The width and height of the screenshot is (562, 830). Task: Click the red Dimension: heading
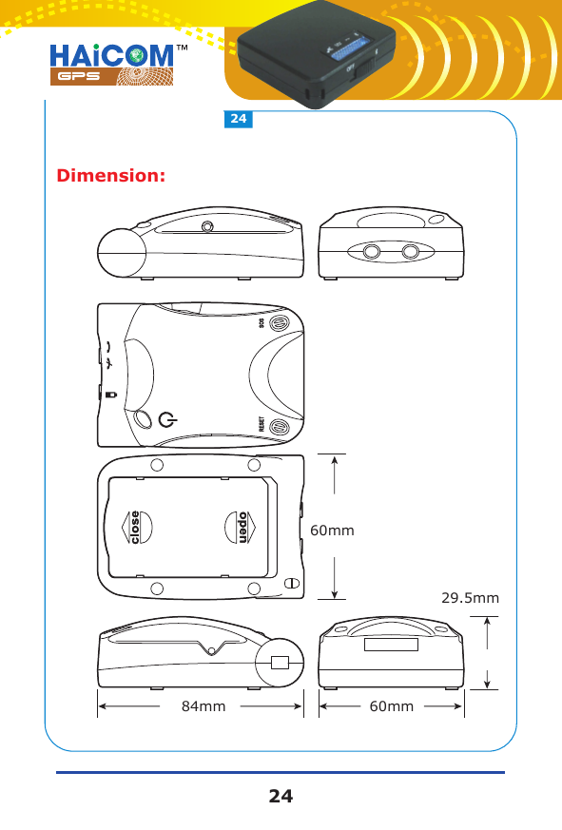tap(112, 177)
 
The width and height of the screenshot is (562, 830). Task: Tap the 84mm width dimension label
tap(203, 706)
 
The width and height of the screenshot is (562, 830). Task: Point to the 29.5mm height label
tap(471, 598)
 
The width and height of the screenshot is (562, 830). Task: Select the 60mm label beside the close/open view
tap(333, 530)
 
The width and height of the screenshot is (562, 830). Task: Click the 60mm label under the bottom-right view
tap(391, 706)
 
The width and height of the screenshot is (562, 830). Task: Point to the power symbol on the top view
tap(167, 420)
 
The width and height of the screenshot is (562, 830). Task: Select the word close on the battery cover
tap(135, 529)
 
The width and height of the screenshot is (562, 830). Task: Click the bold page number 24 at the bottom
tap(281, 797)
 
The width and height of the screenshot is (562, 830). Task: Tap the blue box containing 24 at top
tap(238, 120)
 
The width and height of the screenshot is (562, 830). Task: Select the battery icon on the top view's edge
tap(110, 394)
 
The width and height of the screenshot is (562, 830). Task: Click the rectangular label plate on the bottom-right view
tap(391, 645)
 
